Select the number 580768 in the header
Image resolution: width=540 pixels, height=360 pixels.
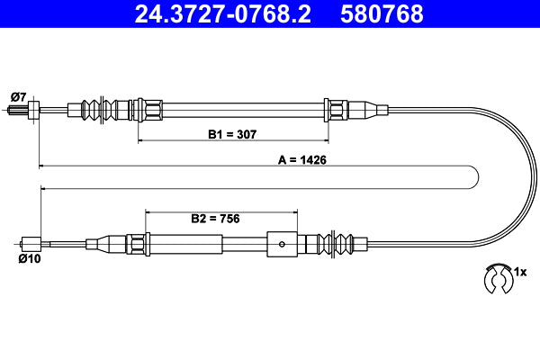point(382,14)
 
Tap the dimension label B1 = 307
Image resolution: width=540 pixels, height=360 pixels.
point(233,134)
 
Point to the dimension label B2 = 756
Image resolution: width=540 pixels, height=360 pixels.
point(214,218)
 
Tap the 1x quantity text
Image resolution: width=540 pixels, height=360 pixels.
point(518,270)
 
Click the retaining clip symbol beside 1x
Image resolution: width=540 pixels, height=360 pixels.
point(496,279)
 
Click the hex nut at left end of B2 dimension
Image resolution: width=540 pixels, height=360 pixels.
point(138,242)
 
